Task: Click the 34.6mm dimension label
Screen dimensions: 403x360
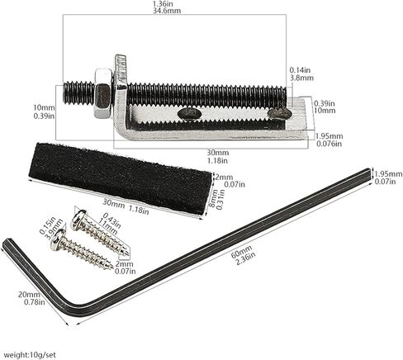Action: [x=167, y=11]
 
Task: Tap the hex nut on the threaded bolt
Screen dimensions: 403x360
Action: [x=103, y=93]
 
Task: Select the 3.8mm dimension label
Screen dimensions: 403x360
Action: [x=301, y=78]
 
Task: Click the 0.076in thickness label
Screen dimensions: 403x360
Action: [x=329, y=144]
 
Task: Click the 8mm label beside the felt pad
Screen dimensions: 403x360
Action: [x=212, y=199]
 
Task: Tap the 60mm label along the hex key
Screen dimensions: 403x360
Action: [x=241, y=251]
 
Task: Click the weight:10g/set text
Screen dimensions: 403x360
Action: [x=30, y=354]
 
